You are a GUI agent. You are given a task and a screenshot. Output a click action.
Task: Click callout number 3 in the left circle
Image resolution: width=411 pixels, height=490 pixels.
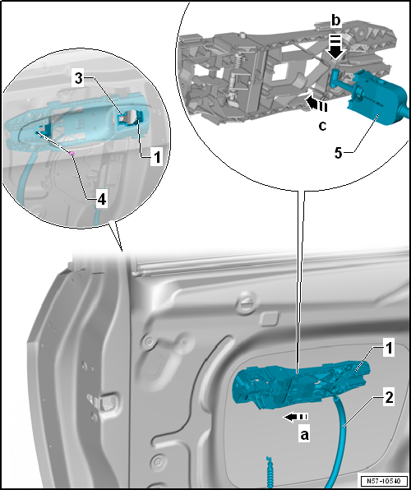(x=79, y=80)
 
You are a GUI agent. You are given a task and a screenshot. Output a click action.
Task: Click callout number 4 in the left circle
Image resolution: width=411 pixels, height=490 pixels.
(x=102, y=199)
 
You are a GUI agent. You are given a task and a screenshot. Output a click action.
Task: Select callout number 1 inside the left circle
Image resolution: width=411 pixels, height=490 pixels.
(x=156, y=157)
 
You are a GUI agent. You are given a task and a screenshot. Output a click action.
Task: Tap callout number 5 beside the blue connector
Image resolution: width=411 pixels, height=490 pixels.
(x=339, y=153)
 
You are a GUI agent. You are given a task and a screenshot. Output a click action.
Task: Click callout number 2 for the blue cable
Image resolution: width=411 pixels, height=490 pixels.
(x=389, y=399)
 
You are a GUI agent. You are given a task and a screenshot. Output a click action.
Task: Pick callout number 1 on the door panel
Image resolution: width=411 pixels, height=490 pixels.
(x=388, y=349)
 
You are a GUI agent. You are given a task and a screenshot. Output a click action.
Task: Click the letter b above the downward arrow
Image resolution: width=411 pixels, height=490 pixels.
(x=335, y=21)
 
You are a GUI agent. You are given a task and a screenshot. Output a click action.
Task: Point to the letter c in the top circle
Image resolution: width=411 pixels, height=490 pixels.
(x=322, y=126)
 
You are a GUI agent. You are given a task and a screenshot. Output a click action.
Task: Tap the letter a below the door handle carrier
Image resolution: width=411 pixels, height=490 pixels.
(x=304, y=434)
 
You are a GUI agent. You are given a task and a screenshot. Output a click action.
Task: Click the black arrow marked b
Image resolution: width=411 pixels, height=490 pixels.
(x=335, y=47)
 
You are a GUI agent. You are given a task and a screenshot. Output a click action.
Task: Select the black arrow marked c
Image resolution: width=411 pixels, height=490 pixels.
(x=316, y=104)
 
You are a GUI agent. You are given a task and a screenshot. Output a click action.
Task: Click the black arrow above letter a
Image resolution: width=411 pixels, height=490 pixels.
(x=295, y=417)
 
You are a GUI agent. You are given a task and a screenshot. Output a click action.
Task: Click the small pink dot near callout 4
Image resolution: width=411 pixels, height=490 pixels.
(x=72, y=154)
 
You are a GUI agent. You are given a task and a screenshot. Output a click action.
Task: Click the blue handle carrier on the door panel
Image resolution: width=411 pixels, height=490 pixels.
(x=302, y=385)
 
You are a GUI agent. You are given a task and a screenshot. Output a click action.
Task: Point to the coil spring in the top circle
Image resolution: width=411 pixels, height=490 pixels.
(x=238, y=62)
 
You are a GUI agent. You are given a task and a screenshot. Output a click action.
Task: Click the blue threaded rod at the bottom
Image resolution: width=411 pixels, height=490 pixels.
(x=270, y=472)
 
